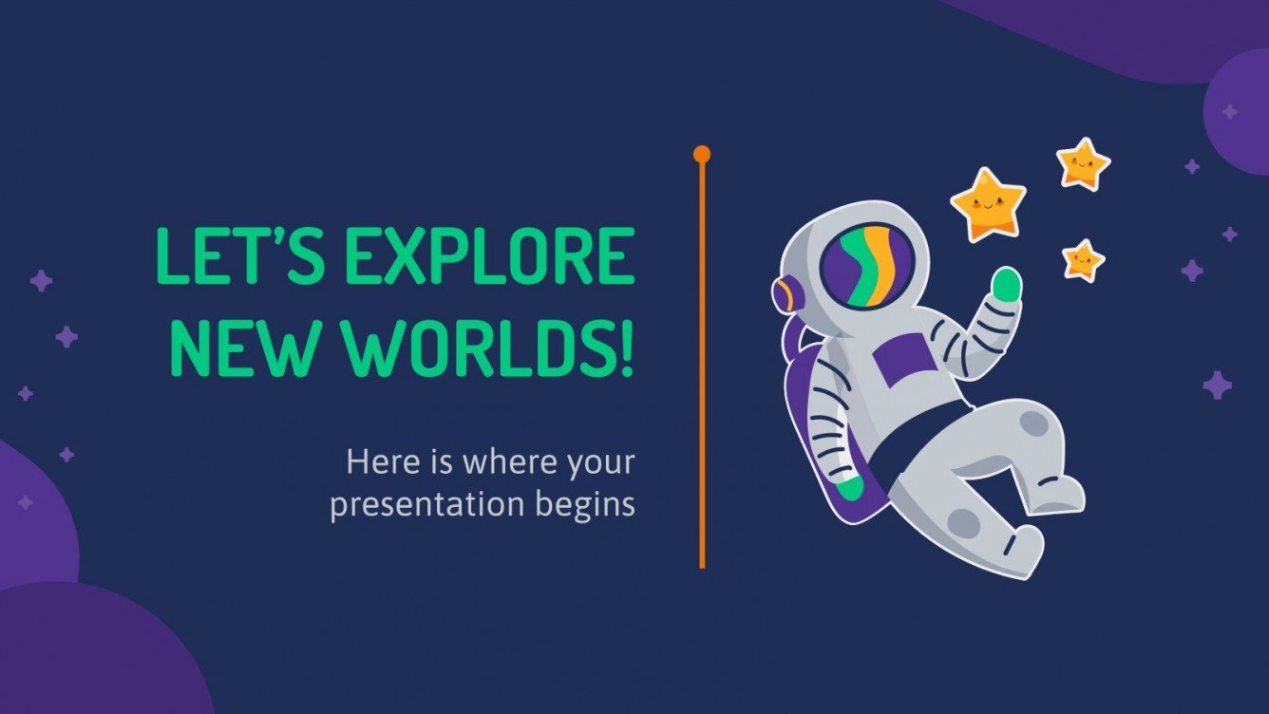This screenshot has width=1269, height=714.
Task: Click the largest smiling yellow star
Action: point(988,202)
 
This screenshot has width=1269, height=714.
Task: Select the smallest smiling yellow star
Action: point(1082,258)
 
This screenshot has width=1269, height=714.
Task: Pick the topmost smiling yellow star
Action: point(1083,164)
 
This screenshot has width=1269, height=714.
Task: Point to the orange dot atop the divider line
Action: point(702,153)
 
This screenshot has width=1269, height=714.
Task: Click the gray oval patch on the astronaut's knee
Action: point(963,522)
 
